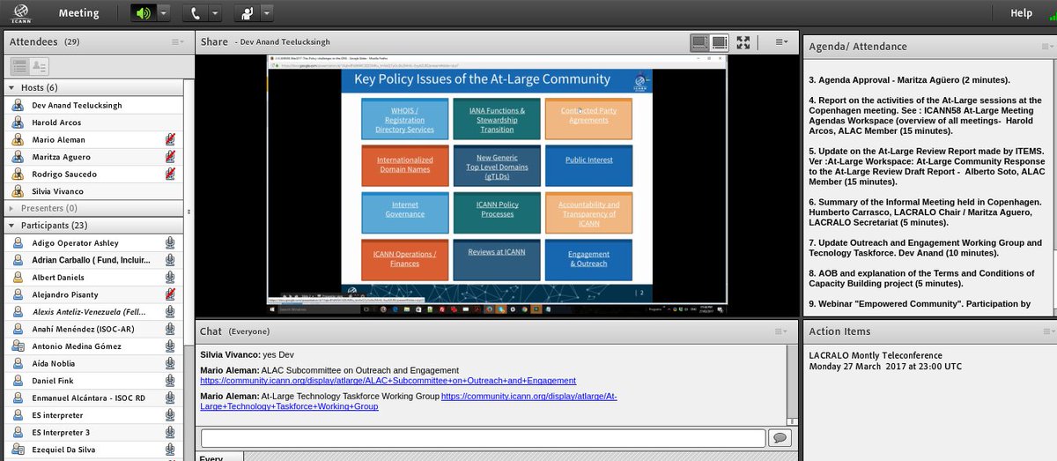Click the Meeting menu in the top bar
coord(78,13)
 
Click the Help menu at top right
coord(1021,13)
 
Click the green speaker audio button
coord(143,13)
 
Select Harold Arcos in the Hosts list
coord(56,123)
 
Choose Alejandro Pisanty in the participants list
coord(65,294)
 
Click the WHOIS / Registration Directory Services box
coord(404,120)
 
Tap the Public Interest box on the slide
coord(588,160)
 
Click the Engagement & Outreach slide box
coord(588,258)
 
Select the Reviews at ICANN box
coord(497,251)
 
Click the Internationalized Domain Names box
coord(404,165)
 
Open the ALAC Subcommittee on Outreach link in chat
coord(388,381)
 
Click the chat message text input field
coord(483,438)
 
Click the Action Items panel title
coord(839,331)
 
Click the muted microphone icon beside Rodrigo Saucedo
coord(170,175)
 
